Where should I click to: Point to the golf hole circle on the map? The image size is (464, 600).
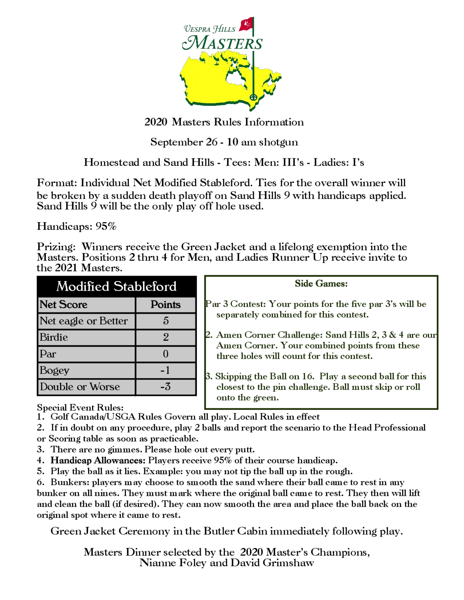(x=253, y=97)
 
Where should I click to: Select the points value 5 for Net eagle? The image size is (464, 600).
(x=165, y=321)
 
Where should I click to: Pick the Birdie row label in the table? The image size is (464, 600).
(x=54, y=337)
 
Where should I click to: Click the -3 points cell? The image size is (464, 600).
(x=165, y=386)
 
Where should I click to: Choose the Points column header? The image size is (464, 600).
(x=165, y=304)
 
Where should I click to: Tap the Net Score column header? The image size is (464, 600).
(x=64, y=304)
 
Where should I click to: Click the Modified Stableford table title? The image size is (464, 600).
(x=116, y=286)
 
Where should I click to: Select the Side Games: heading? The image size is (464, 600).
(x=321, y=283)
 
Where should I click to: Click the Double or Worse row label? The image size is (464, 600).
(x=80, y=386)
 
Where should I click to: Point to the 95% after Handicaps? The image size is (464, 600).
(x=106, y=226)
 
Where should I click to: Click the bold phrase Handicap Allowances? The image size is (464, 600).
(x=98, y=460)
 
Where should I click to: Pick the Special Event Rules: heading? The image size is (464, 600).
(x=80, y=407)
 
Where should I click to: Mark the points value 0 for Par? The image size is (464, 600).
(x=165, y=354)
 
